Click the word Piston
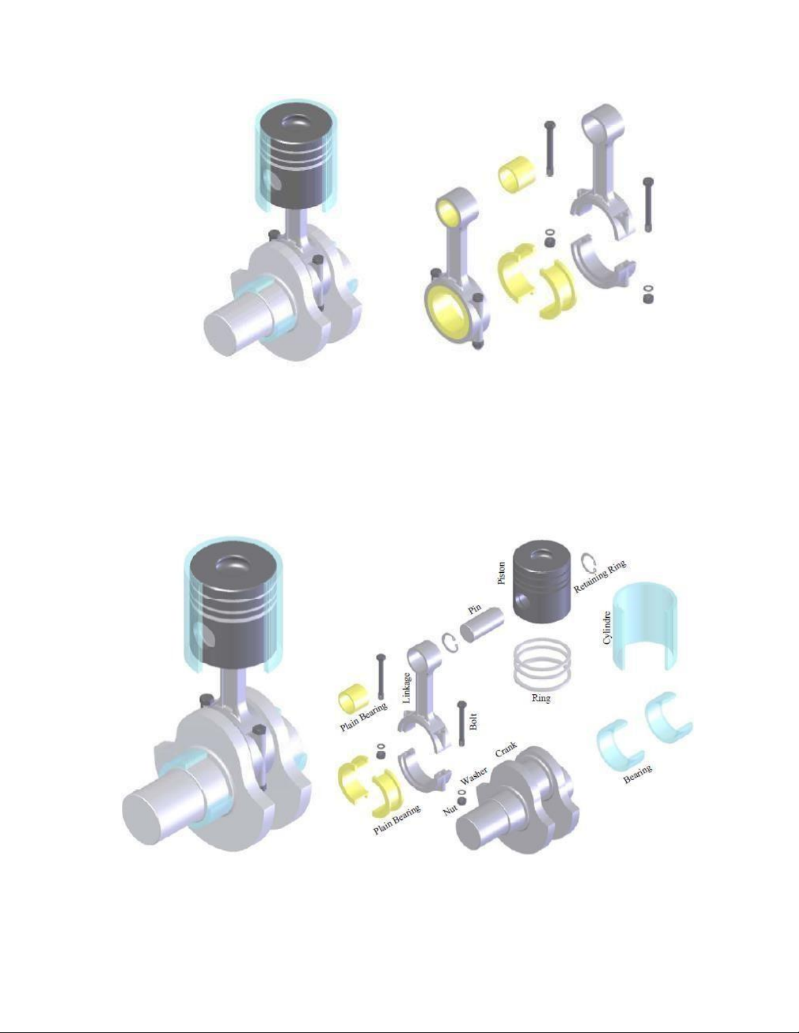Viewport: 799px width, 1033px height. (501, 573)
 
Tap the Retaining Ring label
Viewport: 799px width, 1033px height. (599, 576)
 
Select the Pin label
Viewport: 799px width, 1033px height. (475, 609)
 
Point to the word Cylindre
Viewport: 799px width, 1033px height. (607, 628)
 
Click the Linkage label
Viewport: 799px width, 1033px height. (406, 688)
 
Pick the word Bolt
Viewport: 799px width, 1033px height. (474, 721)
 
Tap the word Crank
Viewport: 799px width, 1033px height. (506, 749)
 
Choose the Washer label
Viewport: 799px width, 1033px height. (474, 776)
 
